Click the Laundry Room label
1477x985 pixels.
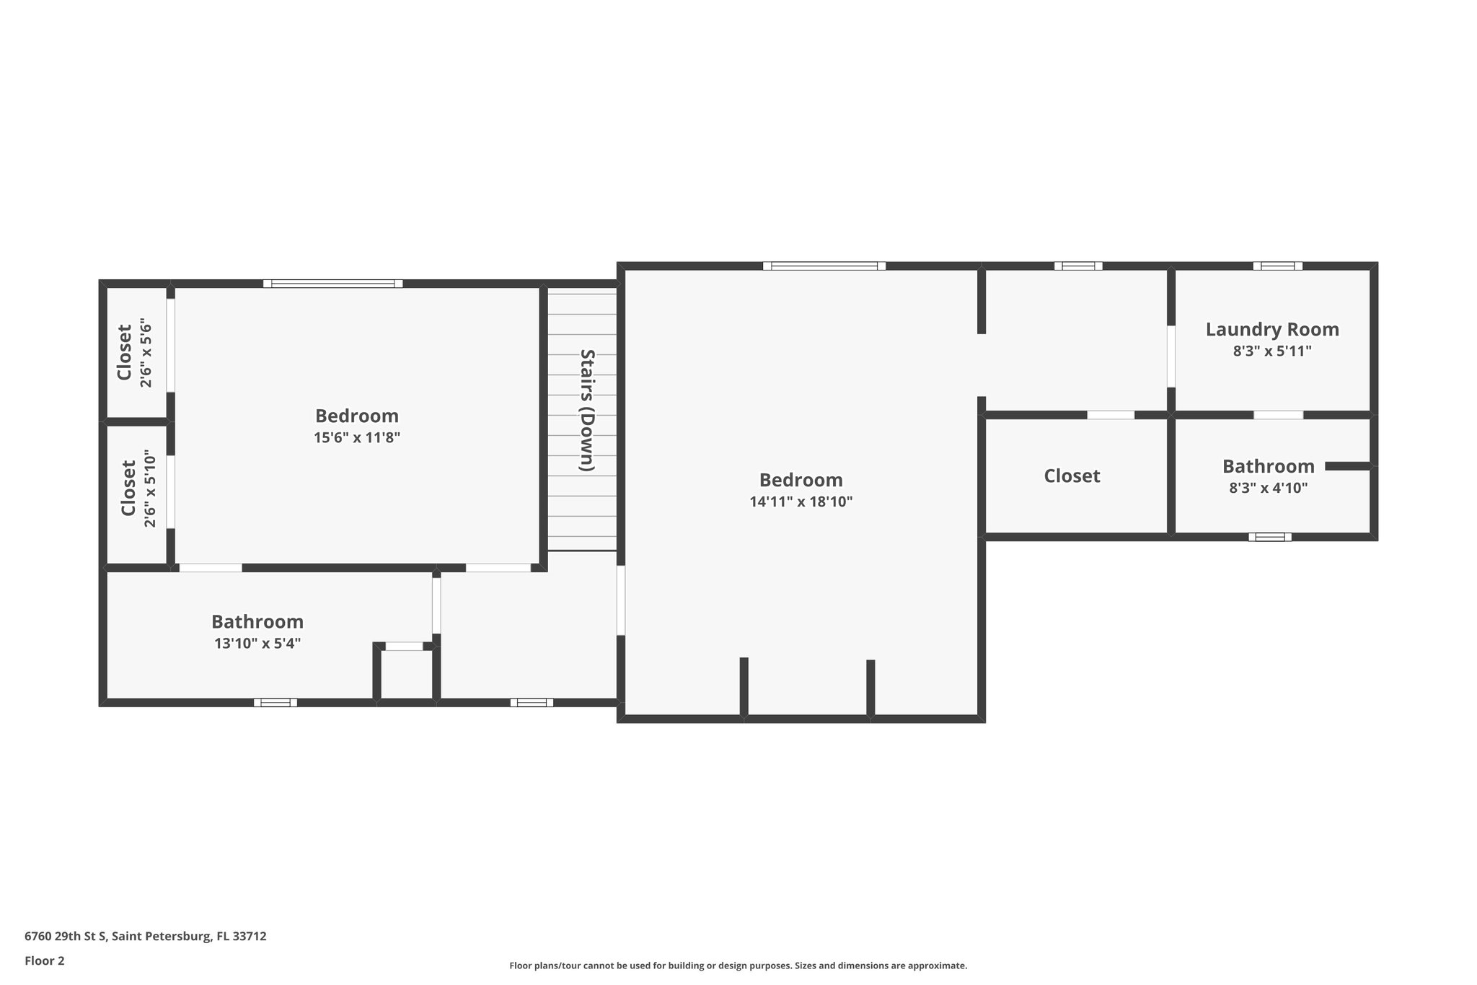[x=1272, y=330]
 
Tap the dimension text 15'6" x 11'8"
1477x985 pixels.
[x=357, y=437]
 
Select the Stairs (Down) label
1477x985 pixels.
[x=588, y=410]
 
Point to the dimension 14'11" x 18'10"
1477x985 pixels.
[x=801, y=502]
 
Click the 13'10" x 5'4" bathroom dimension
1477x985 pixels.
[x=257, y=643]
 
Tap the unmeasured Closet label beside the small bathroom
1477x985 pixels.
[x=1072, y=476]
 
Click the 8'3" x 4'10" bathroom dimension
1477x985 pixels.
[x=1268, y=488]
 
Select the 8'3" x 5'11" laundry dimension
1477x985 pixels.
[x=1271, y=351]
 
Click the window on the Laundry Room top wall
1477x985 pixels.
[x=1277, y=266]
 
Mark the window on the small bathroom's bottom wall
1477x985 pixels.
[x=1269, y=537]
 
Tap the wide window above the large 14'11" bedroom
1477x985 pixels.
[x=824, y=266]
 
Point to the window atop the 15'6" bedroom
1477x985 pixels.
[x=332, y=284]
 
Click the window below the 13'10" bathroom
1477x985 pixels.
[x=275, y=702]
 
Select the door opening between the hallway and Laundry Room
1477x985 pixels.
[x=1170, y=356]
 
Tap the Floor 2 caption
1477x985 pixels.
[x=45, y=960]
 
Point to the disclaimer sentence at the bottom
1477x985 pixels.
[x=738, y=966]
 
